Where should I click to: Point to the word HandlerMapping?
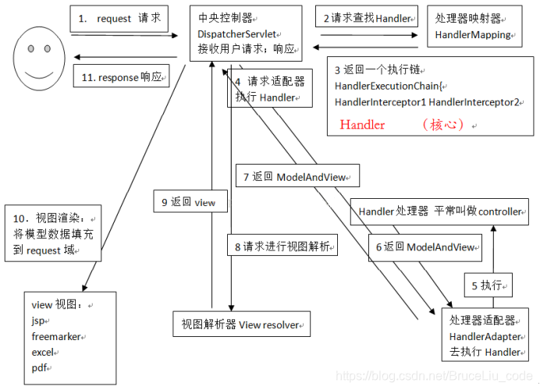(473, 35)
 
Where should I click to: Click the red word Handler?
(362, 124)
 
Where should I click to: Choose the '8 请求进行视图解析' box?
(282, 246)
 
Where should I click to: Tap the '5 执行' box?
(488, 285)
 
